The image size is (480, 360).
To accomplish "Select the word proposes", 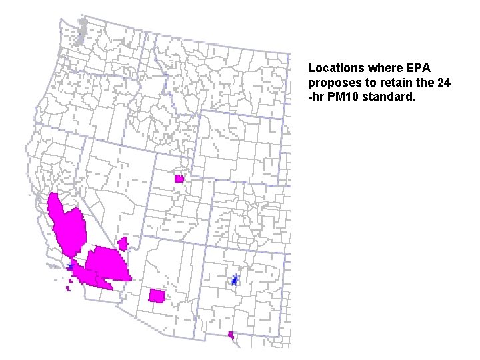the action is click(332, 82).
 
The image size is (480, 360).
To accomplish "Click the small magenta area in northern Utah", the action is click(179, 179).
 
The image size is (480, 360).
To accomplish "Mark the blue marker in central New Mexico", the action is click(235, 280).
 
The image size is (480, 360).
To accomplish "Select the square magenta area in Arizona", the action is click(157, 295).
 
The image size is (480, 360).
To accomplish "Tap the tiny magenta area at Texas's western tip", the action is click(231, 335).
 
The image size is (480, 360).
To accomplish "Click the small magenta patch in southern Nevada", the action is click(123, 243).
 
